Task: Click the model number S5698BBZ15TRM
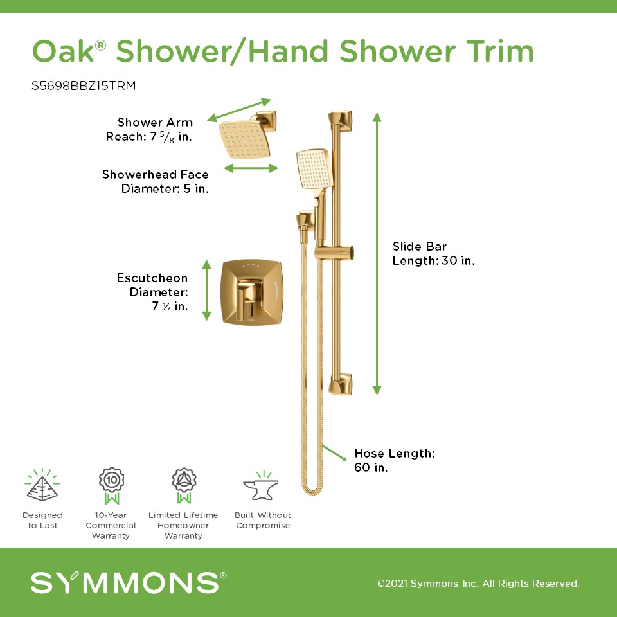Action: [84, 85]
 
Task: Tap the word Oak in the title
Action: [63, 51]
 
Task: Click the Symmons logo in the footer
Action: [129, 582]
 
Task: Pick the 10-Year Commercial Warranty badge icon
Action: [111, 486]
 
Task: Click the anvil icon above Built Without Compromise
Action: [261, 486]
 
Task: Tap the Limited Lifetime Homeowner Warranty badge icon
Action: [184, 486]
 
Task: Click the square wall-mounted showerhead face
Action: [244, 139]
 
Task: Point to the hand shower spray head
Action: [314, 168]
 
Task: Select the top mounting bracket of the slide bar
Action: [341, 121]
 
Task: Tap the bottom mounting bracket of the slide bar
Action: [341, 384]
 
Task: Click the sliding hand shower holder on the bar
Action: [334, 253]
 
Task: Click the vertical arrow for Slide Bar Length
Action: [377, 253]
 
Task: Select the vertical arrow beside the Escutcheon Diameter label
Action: [206, 291]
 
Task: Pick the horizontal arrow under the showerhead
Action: [251, 168]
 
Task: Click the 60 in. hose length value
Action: [371, 467]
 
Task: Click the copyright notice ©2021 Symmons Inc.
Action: [478, 583]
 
